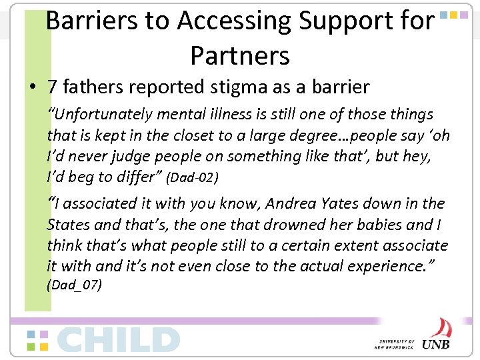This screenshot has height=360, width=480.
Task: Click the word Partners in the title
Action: tap(240, 55)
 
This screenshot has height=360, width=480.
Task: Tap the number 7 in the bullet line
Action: tap(52, 87)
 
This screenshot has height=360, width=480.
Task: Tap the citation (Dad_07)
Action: tap(74, 285)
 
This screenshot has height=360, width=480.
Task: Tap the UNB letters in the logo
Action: tap(437, 343)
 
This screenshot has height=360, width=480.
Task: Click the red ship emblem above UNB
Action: tap(440, 327)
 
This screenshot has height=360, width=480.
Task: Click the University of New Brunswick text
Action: tap(395, 343)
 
